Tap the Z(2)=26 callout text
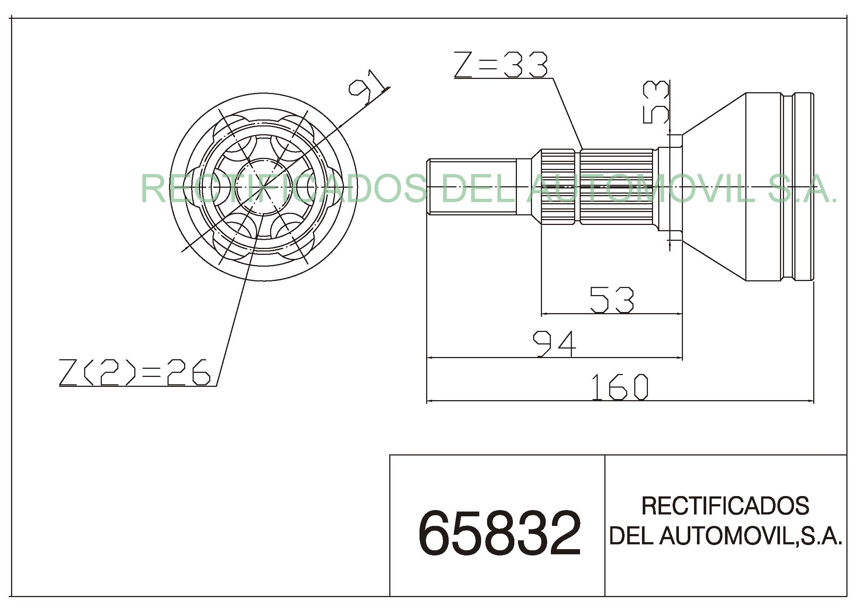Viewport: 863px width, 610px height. pyautogui.click(x=134, y=372)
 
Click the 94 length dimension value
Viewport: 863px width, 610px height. pyautogui.click(x=555, y=344)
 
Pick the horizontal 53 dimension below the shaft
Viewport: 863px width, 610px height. pyautogui.click(x=612, y=300)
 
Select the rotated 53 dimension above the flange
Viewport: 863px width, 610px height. pyautogui.click(x=656, y=103)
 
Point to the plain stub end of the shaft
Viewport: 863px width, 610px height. pyautogui.click(x=472, y=187)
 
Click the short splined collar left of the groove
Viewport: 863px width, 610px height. pyautogui.click(x=558, y=187)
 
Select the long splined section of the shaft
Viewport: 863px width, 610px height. pyautogui.click(x=617, y=187)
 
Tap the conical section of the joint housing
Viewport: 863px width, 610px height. pyautogui.click(x=714, y=187)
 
